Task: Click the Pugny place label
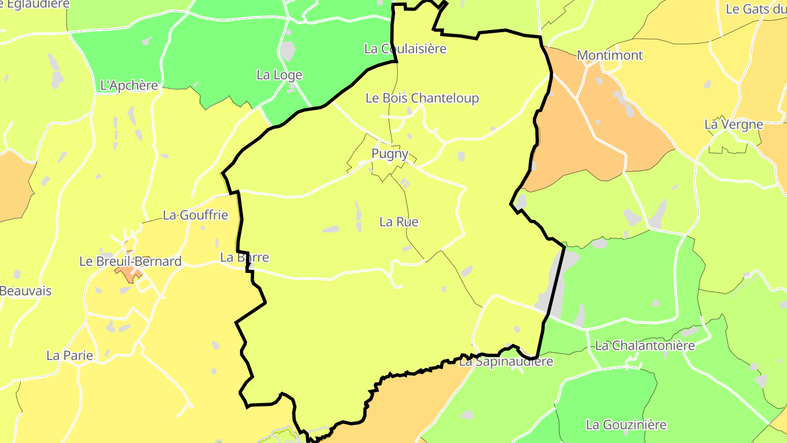[390, 154]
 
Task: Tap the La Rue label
[399, 221]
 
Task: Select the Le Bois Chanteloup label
[422, 98]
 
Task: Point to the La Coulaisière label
[405, 49]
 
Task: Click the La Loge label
[279, 75]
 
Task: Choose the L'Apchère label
[130, 85]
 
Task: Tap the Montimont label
[610, 55]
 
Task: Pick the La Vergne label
[733, 124]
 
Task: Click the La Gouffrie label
[195, 215]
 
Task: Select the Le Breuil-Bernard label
[131, 261]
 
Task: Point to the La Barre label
[244, 257]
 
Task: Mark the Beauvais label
[26, 291]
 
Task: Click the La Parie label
[70, 355]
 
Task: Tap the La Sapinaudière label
[506, 362]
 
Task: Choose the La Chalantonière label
[645, 346]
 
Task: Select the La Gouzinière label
[626, 424]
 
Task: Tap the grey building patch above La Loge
[287, 51]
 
